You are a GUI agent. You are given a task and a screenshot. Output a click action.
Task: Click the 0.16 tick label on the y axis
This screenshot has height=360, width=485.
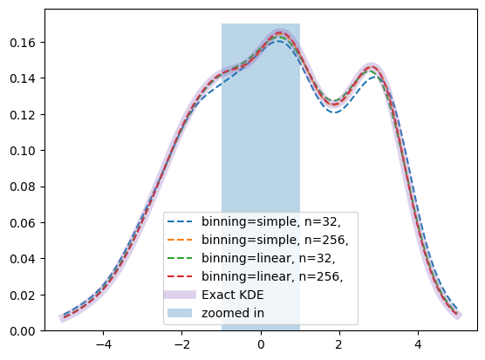[23, 43]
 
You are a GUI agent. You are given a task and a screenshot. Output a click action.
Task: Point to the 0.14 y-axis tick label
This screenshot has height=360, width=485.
[23, 78]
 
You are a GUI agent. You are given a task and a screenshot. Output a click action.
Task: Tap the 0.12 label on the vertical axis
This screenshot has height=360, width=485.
[23, 115]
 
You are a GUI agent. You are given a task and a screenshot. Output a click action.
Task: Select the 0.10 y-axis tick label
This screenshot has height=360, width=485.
[23, 151]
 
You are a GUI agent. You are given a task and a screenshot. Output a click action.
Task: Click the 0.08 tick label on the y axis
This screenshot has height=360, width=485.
[23, 187]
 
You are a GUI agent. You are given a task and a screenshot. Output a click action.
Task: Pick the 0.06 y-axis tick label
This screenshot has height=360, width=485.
[23, 223]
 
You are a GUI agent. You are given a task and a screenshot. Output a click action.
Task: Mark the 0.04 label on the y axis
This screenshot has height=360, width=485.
[23, 259]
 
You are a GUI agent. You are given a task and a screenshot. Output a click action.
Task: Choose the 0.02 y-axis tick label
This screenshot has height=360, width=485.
[23, 295]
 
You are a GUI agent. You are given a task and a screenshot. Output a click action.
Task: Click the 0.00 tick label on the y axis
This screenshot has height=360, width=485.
[23, 331]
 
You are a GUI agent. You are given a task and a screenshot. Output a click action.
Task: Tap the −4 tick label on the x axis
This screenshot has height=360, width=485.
[103, 344]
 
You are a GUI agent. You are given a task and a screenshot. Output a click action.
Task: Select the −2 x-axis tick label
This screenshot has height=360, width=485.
[181, 344]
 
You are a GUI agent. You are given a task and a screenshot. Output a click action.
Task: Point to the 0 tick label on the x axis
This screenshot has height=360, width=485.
[261, 344]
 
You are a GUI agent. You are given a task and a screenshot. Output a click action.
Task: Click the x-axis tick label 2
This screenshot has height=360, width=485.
[339, 344]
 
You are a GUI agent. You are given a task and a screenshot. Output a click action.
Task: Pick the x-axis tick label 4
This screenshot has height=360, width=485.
[419, 344]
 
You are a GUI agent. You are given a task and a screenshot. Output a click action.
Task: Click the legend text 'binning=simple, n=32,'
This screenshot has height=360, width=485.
[271, 222]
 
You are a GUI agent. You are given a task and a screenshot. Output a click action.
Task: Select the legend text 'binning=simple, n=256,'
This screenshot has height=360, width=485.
[275, 240]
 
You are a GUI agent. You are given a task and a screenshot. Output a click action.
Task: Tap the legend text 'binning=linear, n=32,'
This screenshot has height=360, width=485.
[268, 258]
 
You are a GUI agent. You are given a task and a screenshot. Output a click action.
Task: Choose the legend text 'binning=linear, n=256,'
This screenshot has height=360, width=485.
[272, 276]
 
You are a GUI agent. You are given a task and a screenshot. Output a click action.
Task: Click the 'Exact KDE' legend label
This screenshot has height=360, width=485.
[233, 295]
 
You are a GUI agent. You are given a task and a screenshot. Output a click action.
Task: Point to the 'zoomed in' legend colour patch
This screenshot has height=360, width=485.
[180, 313]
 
